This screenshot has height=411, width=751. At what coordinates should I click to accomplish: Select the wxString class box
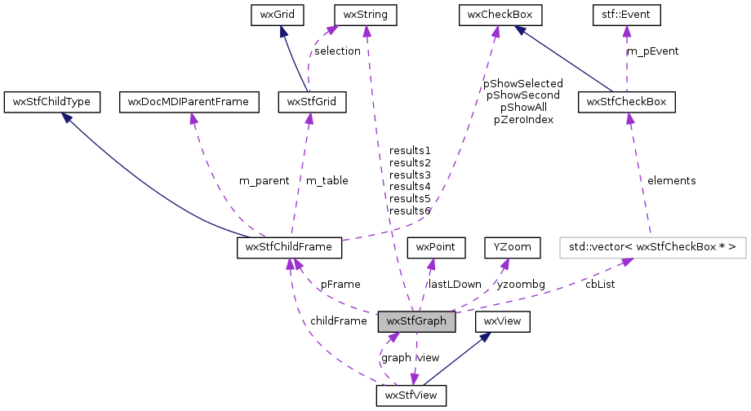coord(365,15)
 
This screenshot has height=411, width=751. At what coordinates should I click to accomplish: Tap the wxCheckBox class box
coord(495,15)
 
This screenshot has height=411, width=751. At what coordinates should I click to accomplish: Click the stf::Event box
coord(626,15)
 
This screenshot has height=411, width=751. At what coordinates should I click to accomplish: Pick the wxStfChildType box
coord(52,102)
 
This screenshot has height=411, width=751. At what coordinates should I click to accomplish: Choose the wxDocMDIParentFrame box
coord(189,102)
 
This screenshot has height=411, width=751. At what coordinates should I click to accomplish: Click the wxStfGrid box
coord(313,102)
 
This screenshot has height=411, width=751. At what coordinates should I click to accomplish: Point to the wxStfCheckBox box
coord(627,102)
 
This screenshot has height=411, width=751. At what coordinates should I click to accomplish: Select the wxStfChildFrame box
coord(289,247)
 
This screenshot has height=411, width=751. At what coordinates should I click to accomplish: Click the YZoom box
coord(512,247)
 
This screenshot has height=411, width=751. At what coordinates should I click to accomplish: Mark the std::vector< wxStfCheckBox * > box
coord(652,247)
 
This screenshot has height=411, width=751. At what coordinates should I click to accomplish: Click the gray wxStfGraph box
coord(416,321)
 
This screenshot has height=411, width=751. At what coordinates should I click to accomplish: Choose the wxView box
coord(503,321)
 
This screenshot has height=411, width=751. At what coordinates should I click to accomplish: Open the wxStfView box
coord(412,396)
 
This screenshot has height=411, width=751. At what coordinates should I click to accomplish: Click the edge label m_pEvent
coord(652,51)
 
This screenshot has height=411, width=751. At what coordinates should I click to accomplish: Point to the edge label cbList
coord(599,284)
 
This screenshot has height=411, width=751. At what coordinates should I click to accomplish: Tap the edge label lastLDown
coord(455,284)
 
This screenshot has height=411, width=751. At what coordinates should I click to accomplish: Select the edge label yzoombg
coord(521,284)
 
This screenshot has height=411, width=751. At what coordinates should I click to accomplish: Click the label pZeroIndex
coord(523,119)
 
